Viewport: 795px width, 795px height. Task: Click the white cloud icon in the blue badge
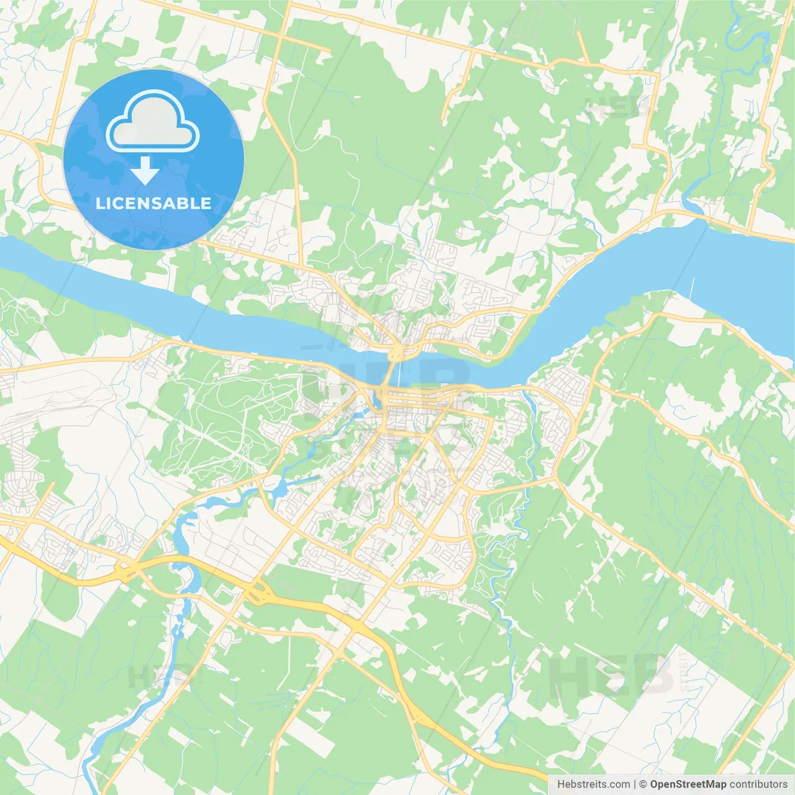pyautogui.click(x=153, y=121)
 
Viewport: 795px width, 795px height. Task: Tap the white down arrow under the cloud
pyautogui.click(x=145, y=171)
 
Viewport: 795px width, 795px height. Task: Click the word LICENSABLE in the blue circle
pyautogui.click(x=153, y=203)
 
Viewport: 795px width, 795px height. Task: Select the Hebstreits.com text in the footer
pyautogui.click(x=593, y=784)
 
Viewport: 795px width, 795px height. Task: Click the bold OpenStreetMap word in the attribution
pyautogui.click(x=688, y=784)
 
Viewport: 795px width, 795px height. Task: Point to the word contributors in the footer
pyautogui.click(x=758, y=784)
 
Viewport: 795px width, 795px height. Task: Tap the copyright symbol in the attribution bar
pyautogui.click(x=643, y=784)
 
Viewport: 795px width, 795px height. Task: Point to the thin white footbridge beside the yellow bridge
pyautogui.click(x=398, y=372)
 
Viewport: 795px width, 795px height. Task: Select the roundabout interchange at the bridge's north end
pyautogui.click(x=396, y=354)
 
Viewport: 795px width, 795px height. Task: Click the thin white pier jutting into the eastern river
pyautogui.click(x=693, y=288)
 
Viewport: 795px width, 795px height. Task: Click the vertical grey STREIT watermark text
pyautogui.click(x=684, y=671)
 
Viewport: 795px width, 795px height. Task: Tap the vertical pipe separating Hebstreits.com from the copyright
pyautogui.click(x=635, y=784)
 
